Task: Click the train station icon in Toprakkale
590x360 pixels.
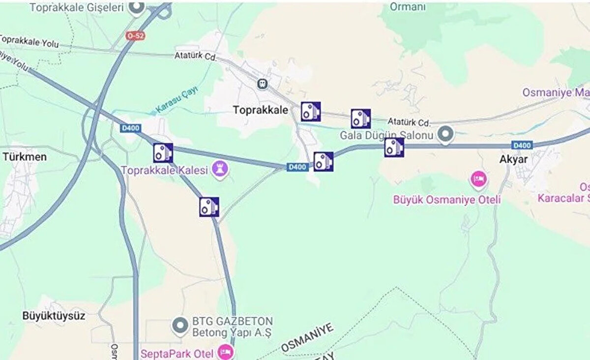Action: (x=263, y=84)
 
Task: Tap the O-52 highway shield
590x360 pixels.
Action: (x=136, y=36)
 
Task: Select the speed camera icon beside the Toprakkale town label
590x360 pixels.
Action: (x=311, y=112)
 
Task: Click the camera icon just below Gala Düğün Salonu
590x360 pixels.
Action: (x=394, y=147)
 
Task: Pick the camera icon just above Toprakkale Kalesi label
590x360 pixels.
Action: (x=163, y=153)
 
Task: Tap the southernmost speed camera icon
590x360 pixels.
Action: (x=209, y=207)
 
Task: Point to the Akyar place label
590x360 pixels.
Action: (x=513, y=159)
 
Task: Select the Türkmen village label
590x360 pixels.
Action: (x=25, y=157)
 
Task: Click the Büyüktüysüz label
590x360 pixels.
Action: (x=54, y=316)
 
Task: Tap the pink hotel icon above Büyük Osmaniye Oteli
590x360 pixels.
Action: (x=478, y=179)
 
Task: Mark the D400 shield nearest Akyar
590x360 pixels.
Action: (x=522, y=145)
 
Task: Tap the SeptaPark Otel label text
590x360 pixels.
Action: (x=177, y=353)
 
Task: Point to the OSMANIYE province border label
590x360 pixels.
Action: (x=308, y=337)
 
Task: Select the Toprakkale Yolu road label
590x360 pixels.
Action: (x=29, y=41)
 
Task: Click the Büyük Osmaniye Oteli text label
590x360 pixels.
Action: (x=447, y=200)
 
